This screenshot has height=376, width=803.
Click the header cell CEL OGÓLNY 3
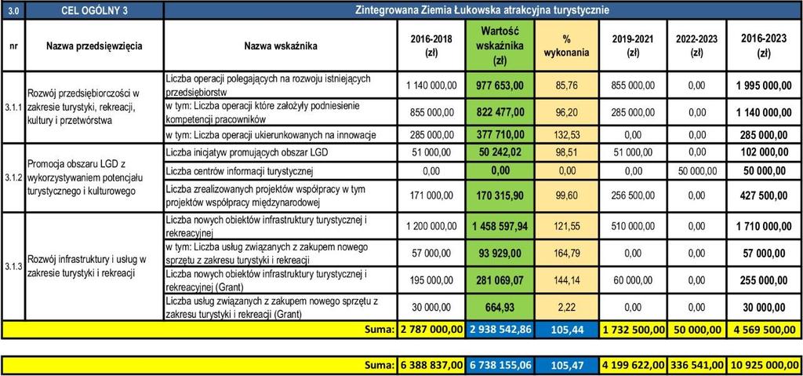(x=95, y=10)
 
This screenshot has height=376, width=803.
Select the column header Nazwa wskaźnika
(x=281, y=46)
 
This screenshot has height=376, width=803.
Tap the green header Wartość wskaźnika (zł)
(x=500, y=46)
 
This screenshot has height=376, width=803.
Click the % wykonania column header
(x=566, y=46)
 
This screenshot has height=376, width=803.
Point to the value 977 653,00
(x=500, y=85)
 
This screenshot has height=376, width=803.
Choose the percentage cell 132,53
(x=566, y=135)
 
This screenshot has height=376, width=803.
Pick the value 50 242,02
(x=500, y=153)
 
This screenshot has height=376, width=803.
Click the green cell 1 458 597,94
(x=500, y=226)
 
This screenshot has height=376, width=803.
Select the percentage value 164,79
(x=566, y=253)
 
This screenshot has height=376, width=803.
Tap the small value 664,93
(x=500, y=307)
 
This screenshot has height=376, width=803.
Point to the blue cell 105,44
(x=566, y=329)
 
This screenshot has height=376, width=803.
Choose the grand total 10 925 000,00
(x=764, y=365)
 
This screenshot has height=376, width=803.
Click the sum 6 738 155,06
(x=500, y=365)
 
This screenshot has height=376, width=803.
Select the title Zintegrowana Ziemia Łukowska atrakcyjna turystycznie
(x=482, y=10)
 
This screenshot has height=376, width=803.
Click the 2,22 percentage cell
(x=566, y=307)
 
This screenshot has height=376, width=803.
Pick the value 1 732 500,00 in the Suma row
(x=633, y=329)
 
